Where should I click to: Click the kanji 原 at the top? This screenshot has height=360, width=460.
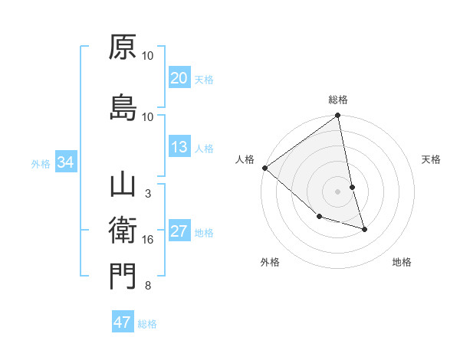(x=123, y=47)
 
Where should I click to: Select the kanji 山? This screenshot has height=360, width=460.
(x=123, y=185)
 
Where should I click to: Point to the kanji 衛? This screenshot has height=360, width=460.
(x=123, y=230)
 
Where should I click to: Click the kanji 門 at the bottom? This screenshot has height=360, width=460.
(x=123, y=276)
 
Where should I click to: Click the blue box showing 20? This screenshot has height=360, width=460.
(x=179, y=77)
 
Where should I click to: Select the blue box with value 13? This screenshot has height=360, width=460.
(x=179, y=147)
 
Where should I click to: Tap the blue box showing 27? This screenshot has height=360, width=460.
(x=179, y=231)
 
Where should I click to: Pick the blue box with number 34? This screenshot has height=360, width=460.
(x=65, y=162)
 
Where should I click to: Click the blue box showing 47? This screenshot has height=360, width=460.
(x=123, y=322)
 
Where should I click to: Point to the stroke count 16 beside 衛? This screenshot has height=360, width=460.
(x=148, y=241)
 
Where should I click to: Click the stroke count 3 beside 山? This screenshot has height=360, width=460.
(x=148, y=194)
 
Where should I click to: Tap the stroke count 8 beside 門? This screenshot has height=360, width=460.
(x=148, y=286)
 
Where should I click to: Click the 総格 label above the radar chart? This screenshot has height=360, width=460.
(x=338, y=100)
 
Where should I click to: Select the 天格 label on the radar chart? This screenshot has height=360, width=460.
(x=432, y=159)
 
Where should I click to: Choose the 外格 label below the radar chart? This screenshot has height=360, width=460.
(x=270, y=262)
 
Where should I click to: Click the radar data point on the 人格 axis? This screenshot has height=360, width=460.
(x=264, y=168)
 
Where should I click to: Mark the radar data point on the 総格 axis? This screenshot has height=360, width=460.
(x=338, y=116)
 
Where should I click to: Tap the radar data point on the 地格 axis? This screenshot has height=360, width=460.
(x=364, y=229)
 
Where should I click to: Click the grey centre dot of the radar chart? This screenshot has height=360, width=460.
(x=338, y=191)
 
